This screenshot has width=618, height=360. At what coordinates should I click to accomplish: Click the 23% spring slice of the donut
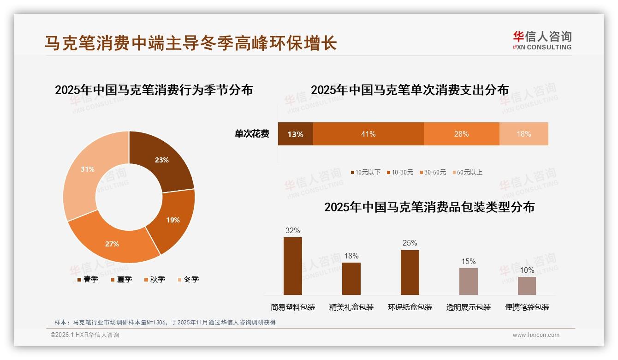pos(162,160)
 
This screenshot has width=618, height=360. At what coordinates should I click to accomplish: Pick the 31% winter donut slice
pos(88,169)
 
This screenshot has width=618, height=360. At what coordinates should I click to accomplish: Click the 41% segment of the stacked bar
pos(368,134)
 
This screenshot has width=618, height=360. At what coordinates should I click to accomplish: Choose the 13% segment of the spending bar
pos(295,134)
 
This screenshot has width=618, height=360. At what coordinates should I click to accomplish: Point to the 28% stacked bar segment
pos(461,134)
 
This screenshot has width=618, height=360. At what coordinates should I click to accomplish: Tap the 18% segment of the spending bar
pos(523,134)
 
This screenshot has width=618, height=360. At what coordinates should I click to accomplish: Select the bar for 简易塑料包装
pos(293,266)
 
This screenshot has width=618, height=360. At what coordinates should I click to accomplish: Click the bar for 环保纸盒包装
pos(410,272)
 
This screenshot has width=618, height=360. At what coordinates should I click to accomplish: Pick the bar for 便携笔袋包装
pos(527,286)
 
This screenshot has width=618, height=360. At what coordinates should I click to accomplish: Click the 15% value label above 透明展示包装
pos(468,262)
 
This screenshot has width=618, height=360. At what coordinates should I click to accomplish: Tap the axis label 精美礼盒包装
pos(351,307)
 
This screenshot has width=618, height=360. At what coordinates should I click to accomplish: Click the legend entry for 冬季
pos(188,279)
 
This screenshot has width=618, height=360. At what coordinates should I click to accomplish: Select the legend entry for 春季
pos(88,279)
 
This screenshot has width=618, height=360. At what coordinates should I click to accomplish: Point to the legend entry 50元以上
pos(467,172)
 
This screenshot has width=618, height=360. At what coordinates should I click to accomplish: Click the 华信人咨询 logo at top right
pos(542,40)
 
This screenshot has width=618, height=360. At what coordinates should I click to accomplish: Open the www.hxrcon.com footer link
pos(536,335)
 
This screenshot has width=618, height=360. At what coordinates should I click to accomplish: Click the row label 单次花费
pos(252,134)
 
